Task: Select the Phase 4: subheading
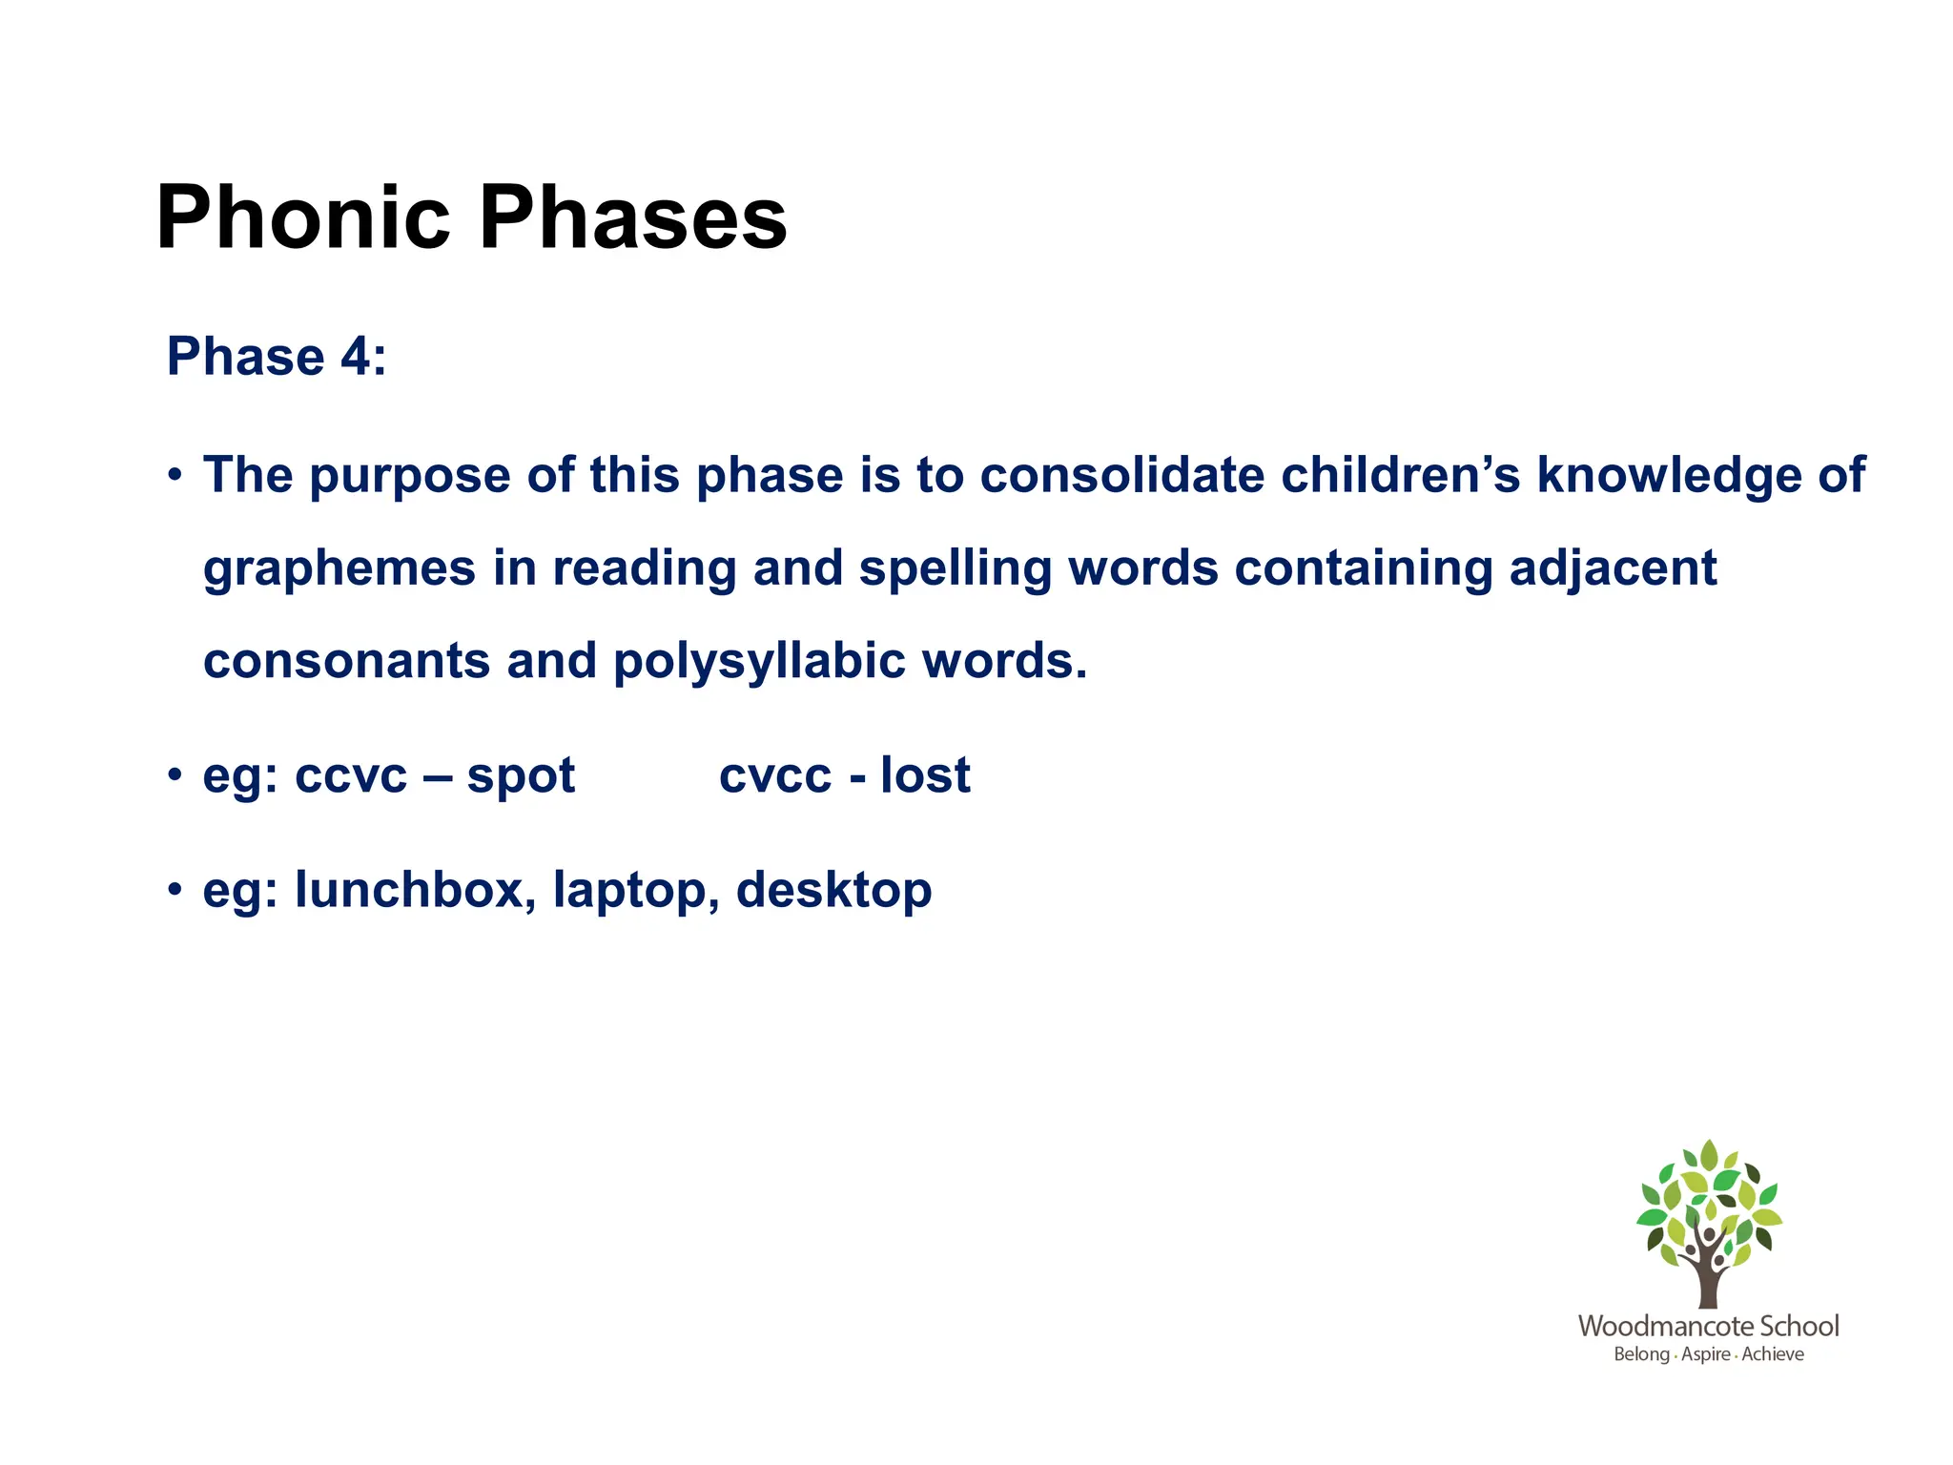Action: click(277, 357)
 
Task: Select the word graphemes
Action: click(339, 569)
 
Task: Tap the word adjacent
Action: click(1613, 567)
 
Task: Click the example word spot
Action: click(521, 775)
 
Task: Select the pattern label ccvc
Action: click(350, 775)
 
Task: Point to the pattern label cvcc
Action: click(774, 775)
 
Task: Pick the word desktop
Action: click(833, 891)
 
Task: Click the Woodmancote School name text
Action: click(1708, 1326)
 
